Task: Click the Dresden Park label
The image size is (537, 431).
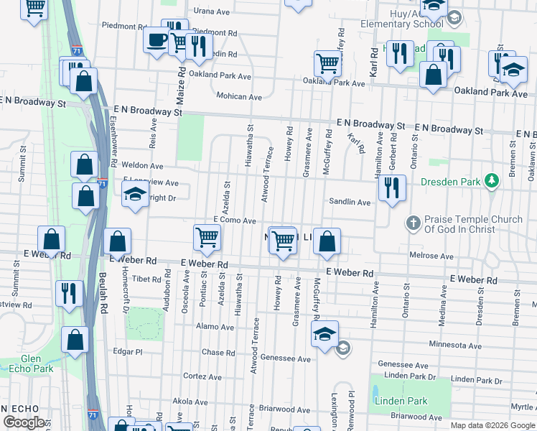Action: [450, 182]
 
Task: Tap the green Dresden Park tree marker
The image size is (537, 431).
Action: [491, 180]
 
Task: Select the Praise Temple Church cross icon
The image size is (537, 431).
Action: [413, 223]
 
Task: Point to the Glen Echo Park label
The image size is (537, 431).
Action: [37, 363]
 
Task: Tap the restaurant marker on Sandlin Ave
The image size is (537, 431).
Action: [391, 188]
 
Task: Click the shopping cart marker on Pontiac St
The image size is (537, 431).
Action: [207, 236]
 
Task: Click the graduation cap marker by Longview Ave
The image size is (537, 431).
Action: [134, 195]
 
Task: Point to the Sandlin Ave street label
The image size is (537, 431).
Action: [350, 203]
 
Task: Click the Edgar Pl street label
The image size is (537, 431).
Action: [129, 351]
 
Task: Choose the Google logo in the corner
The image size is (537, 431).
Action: [24, 422]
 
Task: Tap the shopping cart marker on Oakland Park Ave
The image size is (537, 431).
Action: [327, 62]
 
